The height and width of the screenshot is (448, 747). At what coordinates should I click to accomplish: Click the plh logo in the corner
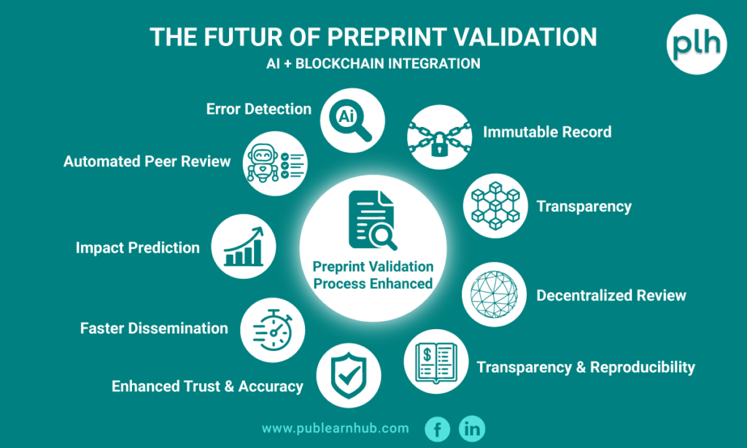[697, 45]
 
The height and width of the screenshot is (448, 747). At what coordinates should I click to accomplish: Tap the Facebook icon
[438, 429]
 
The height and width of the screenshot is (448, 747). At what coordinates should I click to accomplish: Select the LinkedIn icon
[472, 429]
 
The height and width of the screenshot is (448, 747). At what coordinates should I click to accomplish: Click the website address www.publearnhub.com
[336, 428]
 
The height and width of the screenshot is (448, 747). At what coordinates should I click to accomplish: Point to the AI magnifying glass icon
[352, 120]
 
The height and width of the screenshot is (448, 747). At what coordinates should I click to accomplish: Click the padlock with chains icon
[440, 138]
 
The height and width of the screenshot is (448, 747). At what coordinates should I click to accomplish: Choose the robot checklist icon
[275, 163]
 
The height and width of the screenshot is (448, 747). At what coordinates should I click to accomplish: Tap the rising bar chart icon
[244, 247]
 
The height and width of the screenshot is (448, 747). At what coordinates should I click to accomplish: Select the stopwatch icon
[273, 331]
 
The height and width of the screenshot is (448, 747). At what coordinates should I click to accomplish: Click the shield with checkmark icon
[349, 376]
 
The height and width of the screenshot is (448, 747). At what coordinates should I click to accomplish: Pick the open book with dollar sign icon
[436, 361]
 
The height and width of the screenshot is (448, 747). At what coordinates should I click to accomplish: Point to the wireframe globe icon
[494, 295]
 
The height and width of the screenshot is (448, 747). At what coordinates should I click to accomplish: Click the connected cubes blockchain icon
[495, 206]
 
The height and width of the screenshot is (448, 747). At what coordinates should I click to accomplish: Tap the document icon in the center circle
[372, 220]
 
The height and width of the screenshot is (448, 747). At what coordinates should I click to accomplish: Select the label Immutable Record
[547, 132]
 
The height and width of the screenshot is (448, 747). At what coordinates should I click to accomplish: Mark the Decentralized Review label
[611, 296]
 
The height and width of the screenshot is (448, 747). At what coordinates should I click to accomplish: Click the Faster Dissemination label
[154, 328]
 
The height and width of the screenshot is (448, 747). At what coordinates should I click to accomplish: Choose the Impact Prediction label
[138, 248]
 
